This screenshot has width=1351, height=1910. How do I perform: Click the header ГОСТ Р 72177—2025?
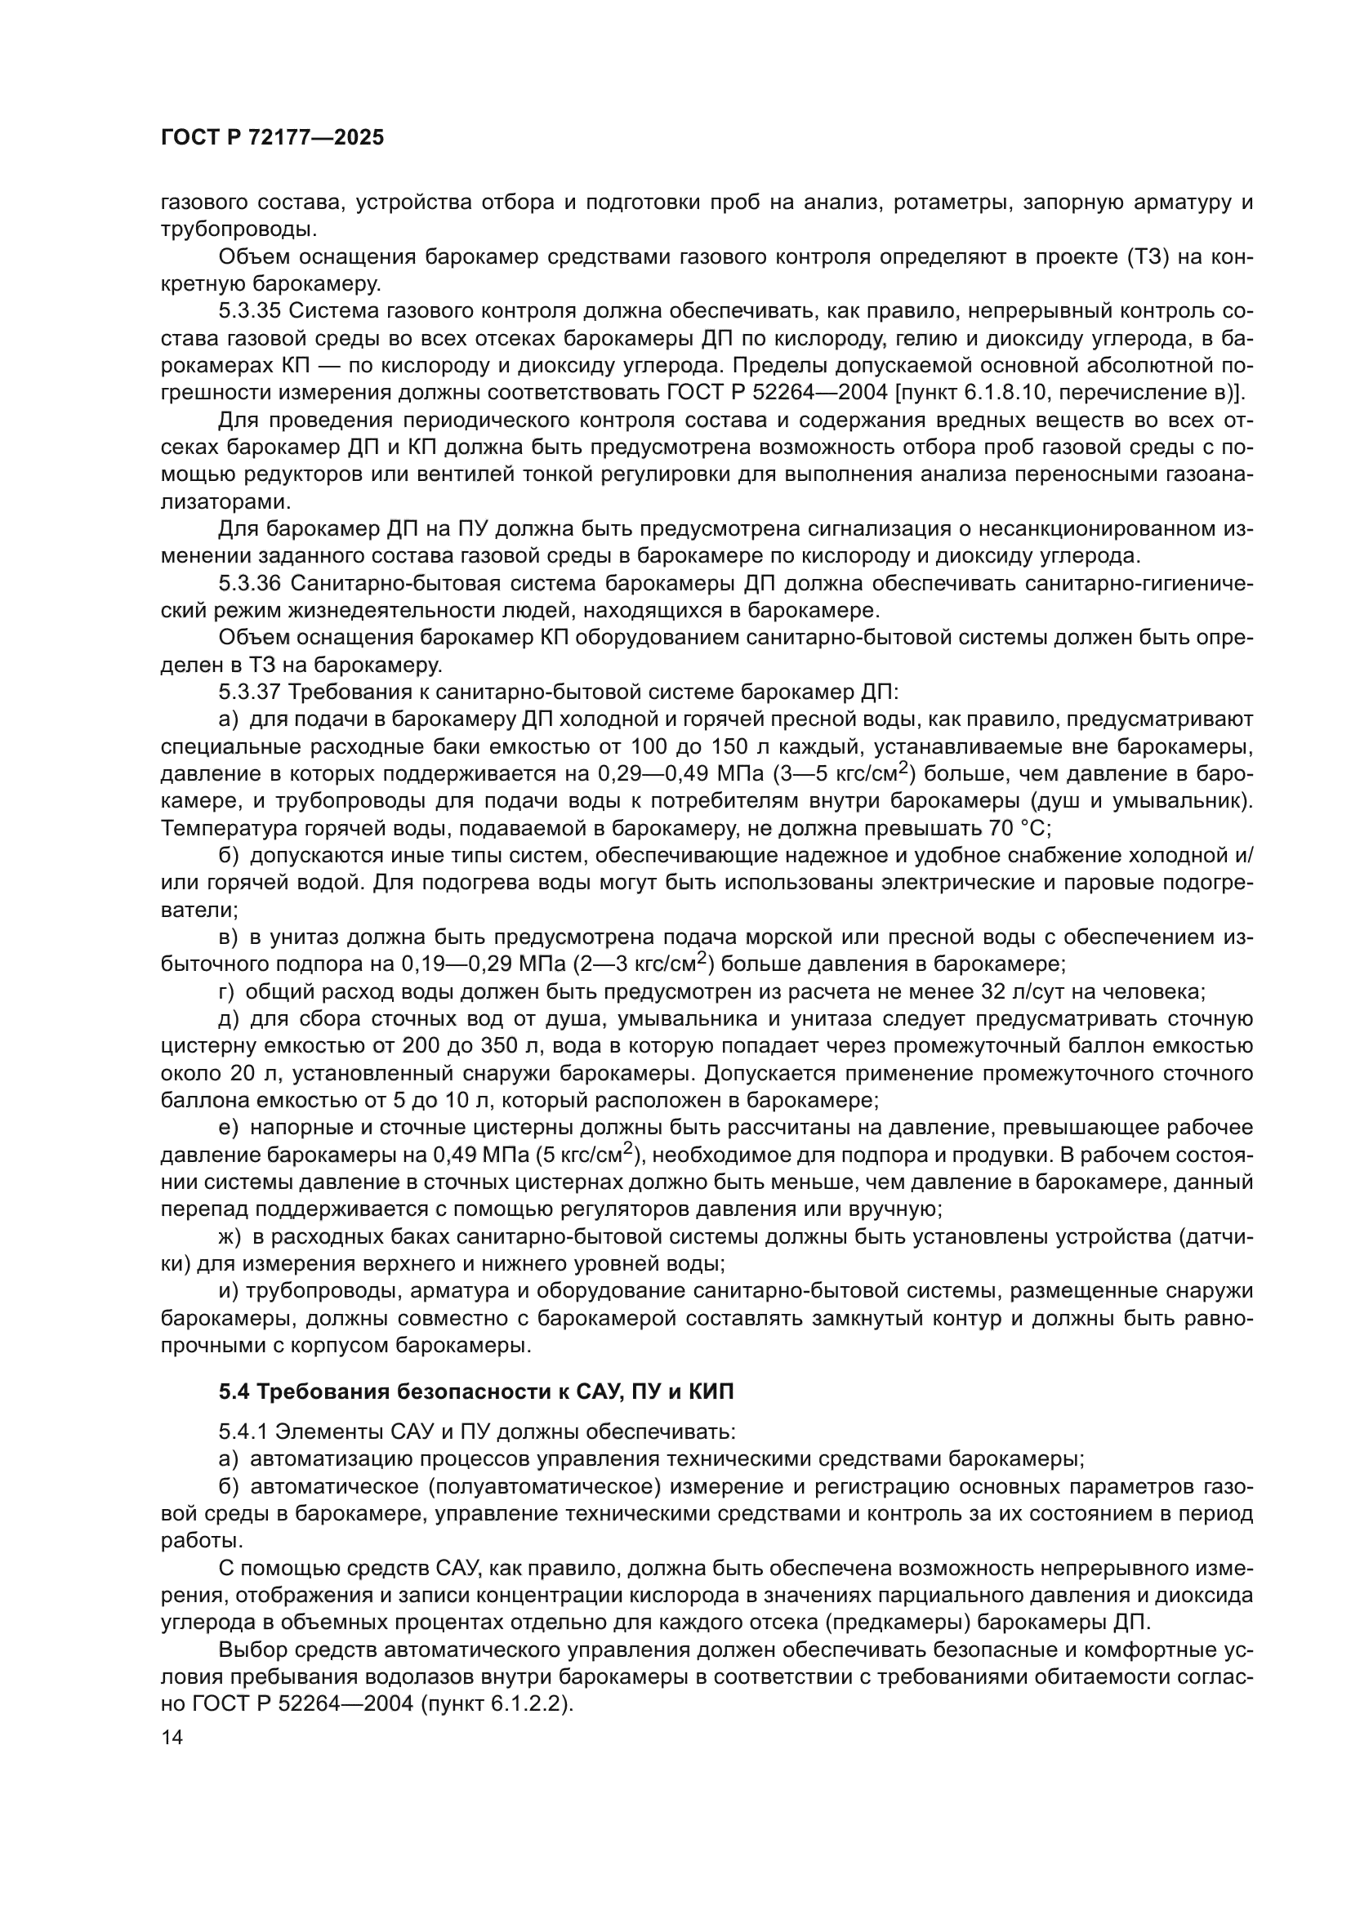(x=272, y=138)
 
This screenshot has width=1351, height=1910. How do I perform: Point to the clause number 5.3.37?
(x=250, y=692)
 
